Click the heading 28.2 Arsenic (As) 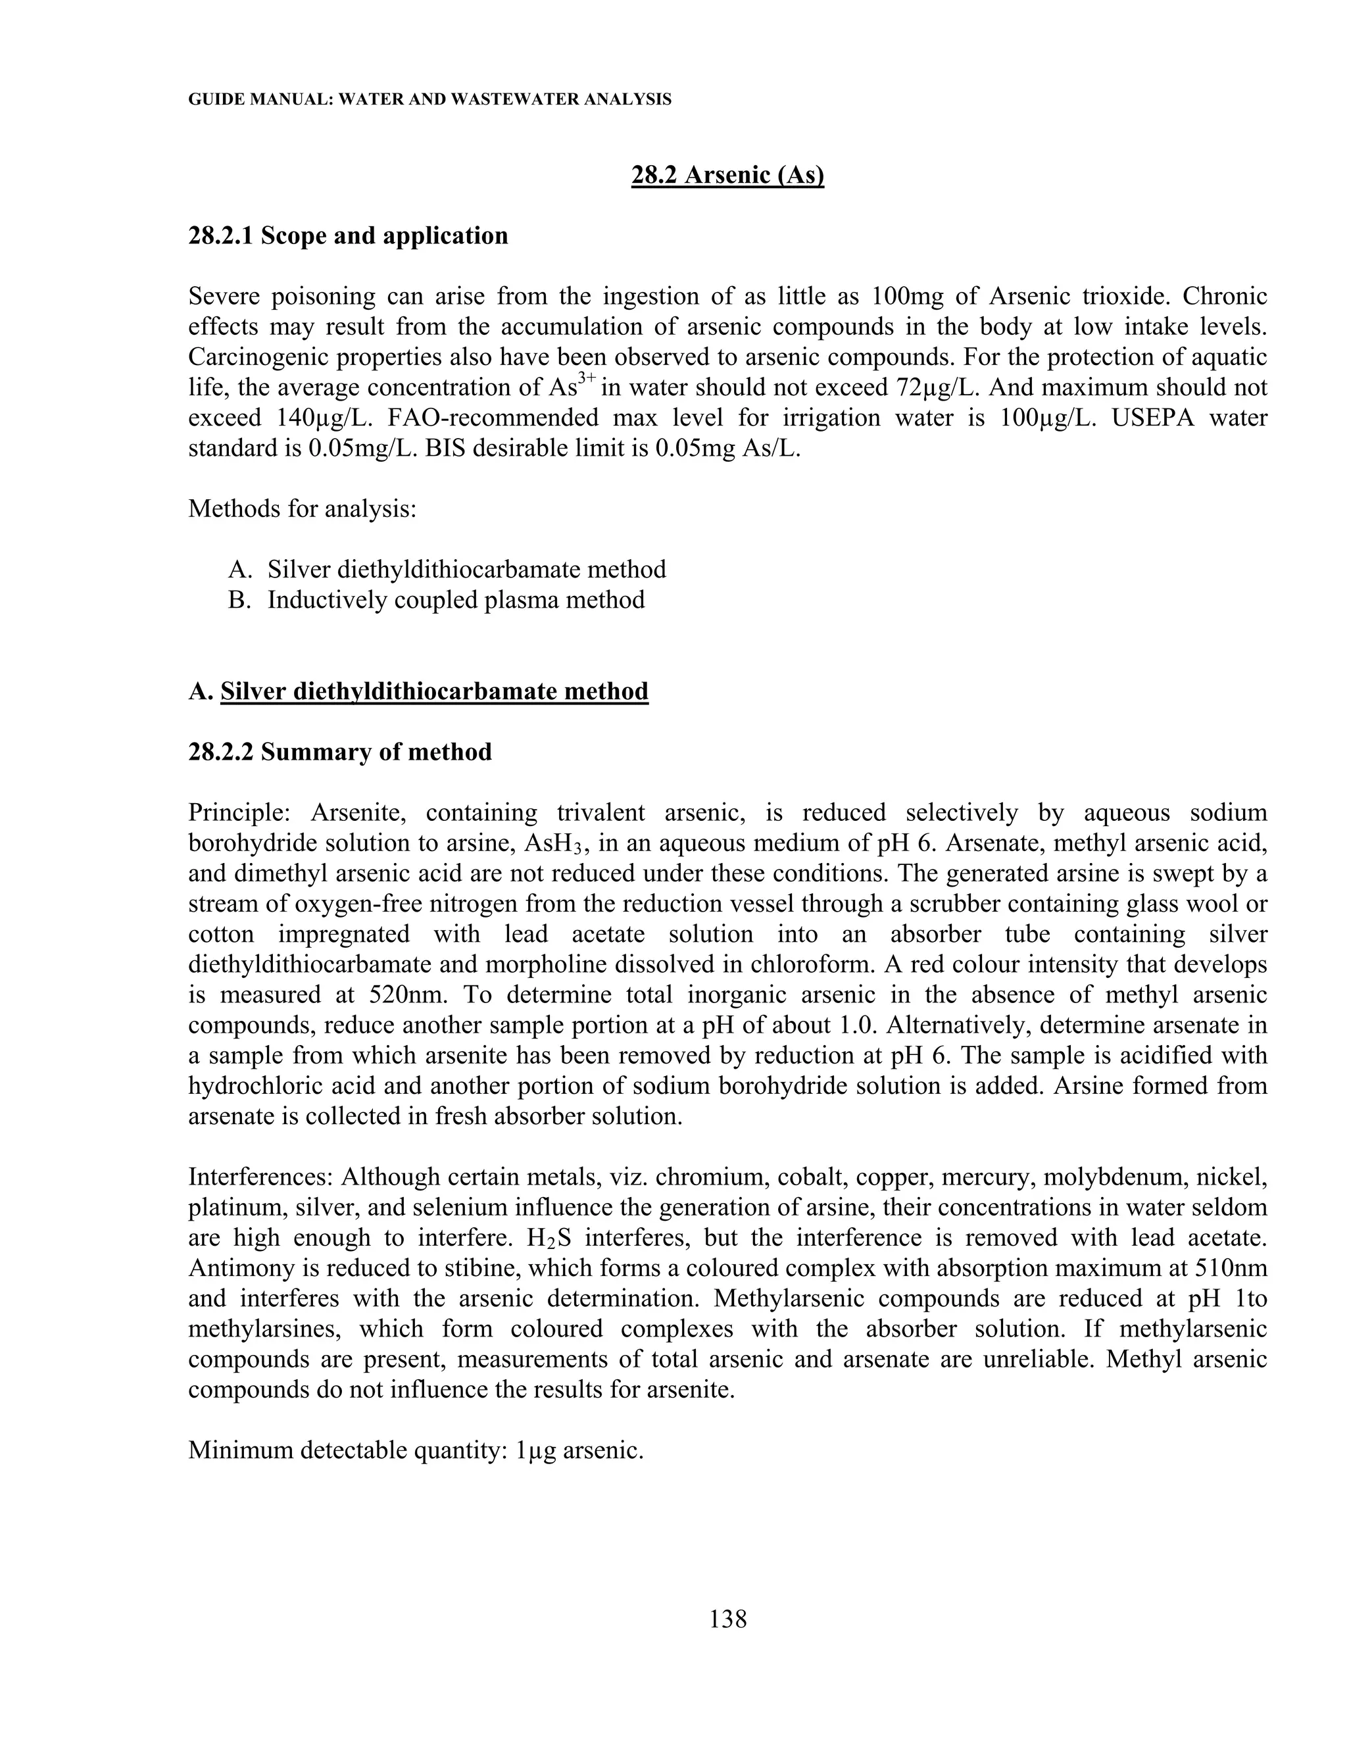[727, 175]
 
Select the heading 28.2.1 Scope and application [348, 236]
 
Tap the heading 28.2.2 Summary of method [340, 752]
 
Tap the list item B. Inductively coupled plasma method [437, 600]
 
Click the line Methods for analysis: [303, 509]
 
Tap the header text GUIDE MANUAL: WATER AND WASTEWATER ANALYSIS [429, 100]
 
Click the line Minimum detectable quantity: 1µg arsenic [416, 1451]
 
